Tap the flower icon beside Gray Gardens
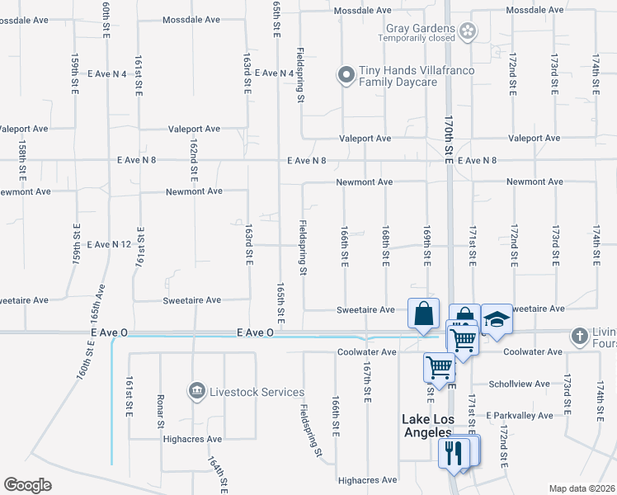(x=468, y=31)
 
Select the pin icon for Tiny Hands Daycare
(x=346, y=75)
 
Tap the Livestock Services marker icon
(x=196, y=390)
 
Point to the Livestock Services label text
(x=256, y=392)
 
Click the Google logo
(x=28, y=485)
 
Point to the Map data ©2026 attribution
(x=581, y=488)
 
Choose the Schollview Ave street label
(x=519, y=384)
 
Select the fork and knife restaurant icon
(x=453, y=452)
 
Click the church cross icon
(x=580, y=335)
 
